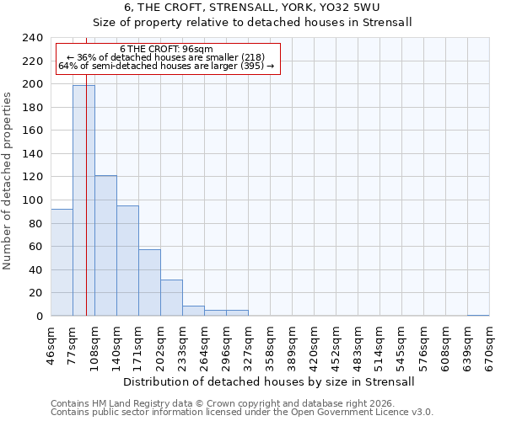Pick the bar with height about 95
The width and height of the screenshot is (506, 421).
pos(127,261)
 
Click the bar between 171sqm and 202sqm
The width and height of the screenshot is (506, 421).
pos(149,283)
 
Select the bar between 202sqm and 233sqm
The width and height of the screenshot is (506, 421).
pos(171,298)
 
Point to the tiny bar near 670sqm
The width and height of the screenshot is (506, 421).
pos(478,315)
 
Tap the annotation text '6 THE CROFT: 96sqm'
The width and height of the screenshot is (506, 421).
pos(166,50)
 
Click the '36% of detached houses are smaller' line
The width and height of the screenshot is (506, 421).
pos(166,57)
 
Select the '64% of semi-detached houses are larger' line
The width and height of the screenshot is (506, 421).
pos(166,66)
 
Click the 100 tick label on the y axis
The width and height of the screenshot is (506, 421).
pos(32,200)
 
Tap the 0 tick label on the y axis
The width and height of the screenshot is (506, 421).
pos(39,317)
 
